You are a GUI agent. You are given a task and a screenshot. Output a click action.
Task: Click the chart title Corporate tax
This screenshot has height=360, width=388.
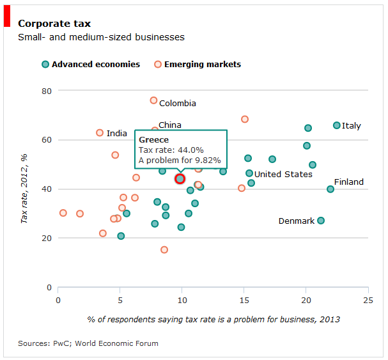[x=54, y=24]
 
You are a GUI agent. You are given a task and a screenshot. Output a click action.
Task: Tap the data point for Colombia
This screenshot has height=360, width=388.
[x=153, y=100]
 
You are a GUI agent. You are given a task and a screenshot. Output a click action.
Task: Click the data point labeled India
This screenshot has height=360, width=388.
[x=100, y=133]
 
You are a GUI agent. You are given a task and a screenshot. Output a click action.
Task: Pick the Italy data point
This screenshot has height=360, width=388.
[x=337, y=125]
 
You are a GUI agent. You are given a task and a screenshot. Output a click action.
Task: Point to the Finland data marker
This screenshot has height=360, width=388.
[x=330, y=189]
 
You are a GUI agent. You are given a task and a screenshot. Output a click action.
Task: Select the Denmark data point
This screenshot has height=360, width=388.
[x=321, y=221]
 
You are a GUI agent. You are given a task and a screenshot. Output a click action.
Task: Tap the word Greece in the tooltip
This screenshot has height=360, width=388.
[x=153, y=140]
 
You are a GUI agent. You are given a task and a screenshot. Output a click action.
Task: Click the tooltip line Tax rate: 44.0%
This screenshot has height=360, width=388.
[x=171, y=150]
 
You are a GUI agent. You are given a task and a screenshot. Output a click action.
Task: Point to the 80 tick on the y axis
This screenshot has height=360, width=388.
[x=46, y=91]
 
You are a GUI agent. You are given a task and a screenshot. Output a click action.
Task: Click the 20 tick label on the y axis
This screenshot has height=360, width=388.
[x=46, y=238]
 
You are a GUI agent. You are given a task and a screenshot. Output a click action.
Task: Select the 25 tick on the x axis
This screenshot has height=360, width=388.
[x=368, y=299]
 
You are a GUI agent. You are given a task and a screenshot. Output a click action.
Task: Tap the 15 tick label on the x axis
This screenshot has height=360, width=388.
[x=244, y=299]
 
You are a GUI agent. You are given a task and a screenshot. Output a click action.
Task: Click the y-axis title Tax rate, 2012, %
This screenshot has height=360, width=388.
[x=25, y=189]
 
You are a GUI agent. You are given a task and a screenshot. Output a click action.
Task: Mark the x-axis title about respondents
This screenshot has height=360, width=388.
[x=213, y=319]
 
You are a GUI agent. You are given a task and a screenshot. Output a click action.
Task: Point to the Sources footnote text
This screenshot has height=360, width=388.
[x=88, y=343]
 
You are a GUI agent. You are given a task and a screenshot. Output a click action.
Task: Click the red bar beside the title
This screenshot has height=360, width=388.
[x=7, y=17]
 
